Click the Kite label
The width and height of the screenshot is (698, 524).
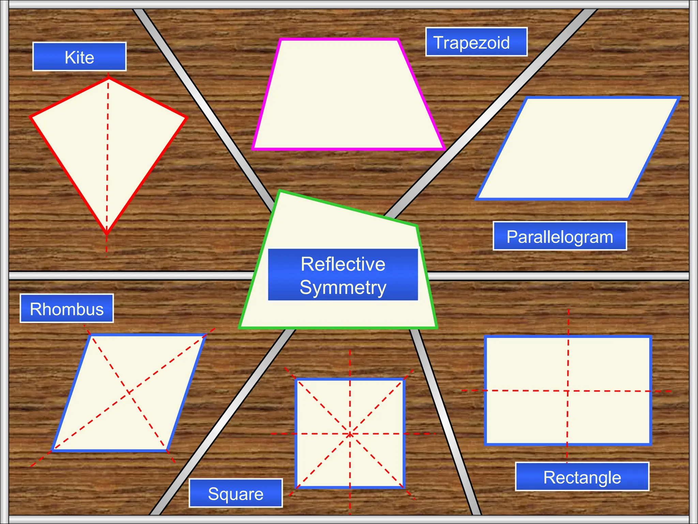pyautogui.click(x=79, y=57)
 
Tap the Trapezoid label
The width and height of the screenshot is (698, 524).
pyautogui.click(x=476, y=42)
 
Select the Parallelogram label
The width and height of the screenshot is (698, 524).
pyautogui.click(x=560, y=236)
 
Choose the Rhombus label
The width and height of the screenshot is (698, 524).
pyautogui.click(x=67, y=309)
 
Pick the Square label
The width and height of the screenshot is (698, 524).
pyautogui.click(x=236, y=493)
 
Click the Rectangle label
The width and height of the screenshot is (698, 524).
pyautogui.click(x=582, y=477)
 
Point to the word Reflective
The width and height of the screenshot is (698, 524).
pyautogui.click(x=343, y=264)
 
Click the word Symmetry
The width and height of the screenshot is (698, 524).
pyautogui.click(x=343, y=287)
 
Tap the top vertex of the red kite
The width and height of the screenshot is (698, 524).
pyautogui.click(x=109, y=79)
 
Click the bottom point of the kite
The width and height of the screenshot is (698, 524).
pyautogui.click(x=107, y=234)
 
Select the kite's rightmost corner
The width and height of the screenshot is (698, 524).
pyautogui.click(x=186, y=118)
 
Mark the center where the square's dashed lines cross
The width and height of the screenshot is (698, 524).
pyautogui.click(x=350, y=434)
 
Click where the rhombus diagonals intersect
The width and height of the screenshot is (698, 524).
pyautogui.click(x=129, y=393)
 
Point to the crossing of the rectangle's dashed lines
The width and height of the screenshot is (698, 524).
pyautogui.click(x=568, y=391)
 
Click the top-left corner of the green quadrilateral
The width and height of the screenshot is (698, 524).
pyautogui.click(x=280, y=191)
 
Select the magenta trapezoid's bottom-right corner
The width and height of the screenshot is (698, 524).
pyautogui.click(x=443, y=148)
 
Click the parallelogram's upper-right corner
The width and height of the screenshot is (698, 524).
pyautogui.click(x=678, y=98)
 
